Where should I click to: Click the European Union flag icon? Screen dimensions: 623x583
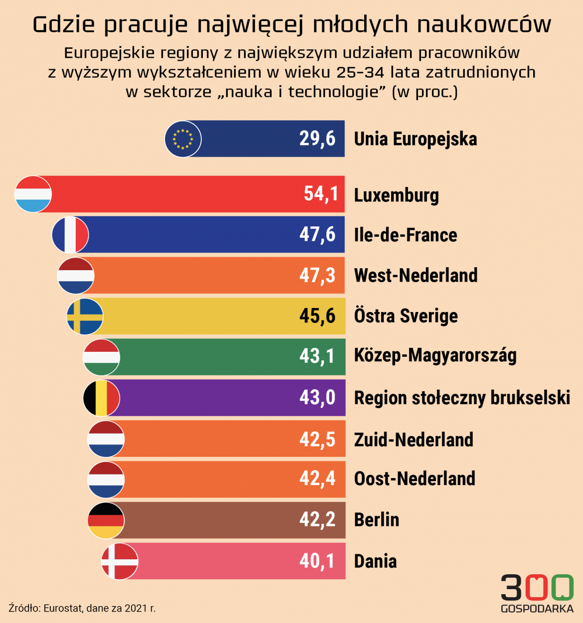click(x=183, y=139)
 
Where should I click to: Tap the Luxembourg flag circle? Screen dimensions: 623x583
click(x=33, y=194)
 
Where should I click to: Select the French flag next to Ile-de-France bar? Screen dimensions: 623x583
click(x=70, y=234)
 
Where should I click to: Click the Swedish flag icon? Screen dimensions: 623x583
click(x=85, y=316)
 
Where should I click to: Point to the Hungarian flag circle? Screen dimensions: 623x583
click(x=101, y=357)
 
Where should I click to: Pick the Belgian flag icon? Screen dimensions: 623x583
click(x=101, y=398)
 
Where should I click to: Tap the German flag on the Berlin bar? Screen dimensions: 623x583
click(x=106, y=520)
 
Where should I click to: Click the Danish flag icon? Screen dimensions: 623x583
click(x=120, y=561)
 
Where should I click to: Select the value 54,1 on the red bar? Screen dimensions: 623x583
click(x=321, y=194)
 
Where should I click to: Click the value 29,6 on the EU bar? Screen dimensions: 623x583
click(x=317, y=138)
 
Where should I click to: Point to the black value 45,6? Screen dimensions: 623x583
click(x=317, y=315)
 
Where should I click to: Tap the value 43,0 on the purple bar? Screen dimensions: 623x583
click(x=317, y=398)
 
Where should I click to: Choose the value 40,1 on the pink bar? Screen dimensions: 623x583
click(x=317, y=561)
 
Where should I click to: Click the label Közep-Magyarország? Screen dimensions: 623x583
click(x=435, y=356)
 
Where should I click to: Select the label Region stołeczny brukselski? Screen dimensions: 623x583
click(x=462, y=398)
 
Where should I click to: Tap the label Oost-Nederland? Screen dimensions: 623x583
click(x=415, y=479)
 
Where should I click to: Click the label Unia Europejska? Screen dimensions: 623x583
click(x=415, y=139)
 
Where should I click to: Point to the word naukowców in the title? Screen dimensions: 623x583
click(x=484, y=24)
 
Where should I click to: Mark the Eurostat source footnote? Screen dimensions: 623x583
click(x=82, y=608)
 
